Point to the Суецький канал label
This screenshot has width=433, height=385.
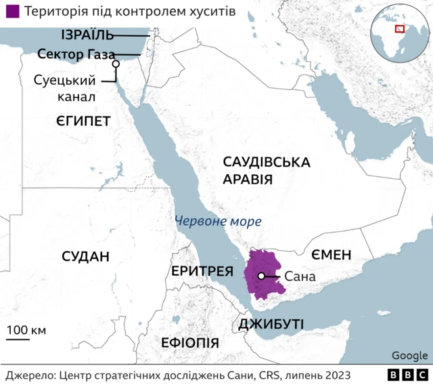[x=64, y=88]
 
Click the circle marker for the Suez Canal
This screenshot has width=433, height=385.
[x=116, y=64]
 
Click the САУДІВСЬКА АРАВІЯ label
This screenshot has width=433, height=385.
[x=266, y=171]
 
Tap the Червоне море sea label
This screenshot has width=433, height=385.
[x=217, y=221]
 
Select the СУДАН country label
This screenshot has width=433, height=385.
[x=85, y=256]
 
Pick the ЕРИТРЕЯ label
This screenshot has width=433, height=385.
[x=202, y=271]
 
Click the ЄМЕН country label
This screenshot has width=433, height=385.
[x=332, y=255]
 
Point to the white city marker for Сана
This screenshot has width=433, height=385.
[x=260, y=276]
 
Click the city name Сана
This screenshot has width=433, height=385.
[x=300, y=277]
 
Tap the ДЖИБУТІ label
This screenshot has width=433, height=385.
[x=271, y=324]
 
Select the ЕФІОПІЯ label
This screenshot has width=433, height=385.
[x=189, y=342]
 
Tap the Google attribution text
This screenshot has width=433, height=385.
[x=409, y=356]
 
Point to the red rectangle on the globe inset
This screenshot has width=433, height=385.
[x=400, y=28]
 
